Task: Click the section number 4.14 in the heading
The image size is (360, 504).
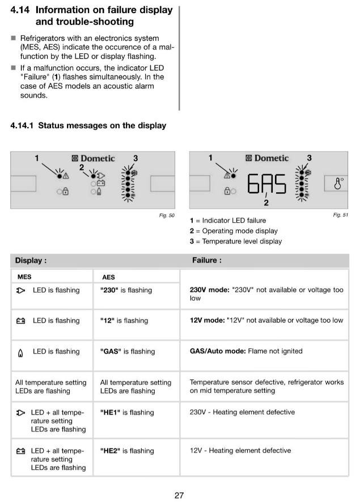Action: tap(21, 10)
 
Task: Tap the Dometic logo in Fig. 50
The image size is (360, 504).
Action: tap(93, 159)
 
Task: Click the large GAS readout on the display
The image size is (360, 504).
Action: tap(267, 184)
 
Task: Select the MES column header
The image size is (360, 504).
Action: tap(24, 277)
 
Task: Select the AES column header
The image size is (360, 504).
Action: tap(108, 278)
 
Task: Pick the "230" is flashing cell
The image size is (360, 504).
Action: tap(126, 290)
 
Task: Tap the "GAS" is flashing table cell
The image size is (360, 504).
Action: tap(127, 351)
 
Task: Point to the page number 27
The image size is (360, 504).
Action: tap(179, 495)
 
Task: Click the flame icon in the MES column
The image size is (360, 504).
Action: tap(21, 352)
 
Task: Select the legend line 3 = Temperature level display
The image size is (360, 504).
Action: tap(235, 242)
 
